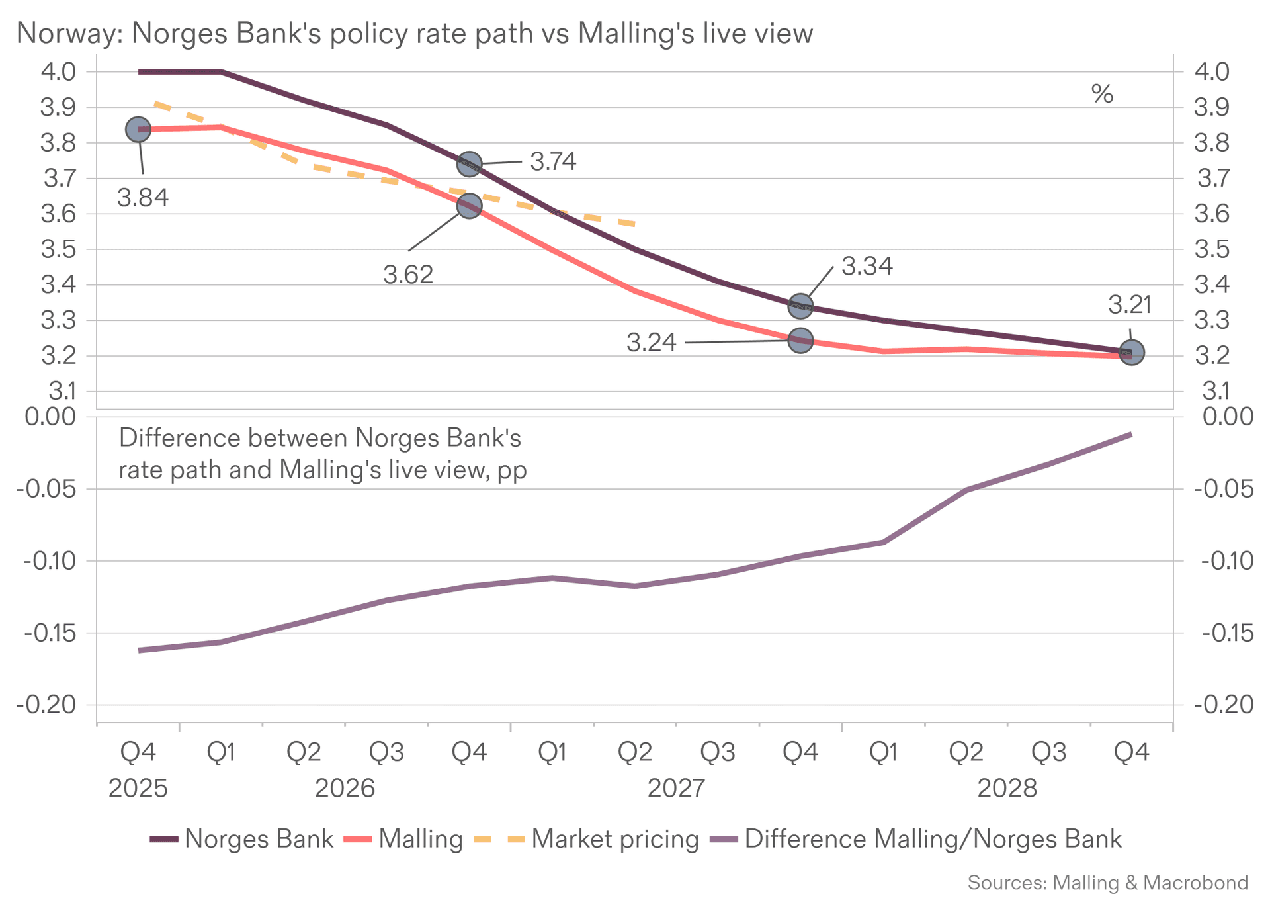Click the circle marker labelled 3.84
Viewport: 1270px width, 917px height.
click(x=138, y=130)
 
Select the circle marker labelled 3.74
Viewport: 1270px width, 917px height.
click(x=469, y=163)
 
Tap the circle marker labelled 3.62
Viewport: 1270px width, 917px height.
click(x=469, y=206)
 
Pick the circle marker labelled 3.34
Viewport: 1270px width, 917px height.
click(x=800, y=306)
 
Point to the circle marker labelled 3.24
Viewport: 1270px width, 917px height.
click(x=800, y=341)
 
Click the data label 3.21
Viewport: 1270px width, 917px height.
click(x=1130, y=305)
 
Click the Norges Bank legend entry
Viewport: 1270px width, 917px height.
click(x=242, y=839)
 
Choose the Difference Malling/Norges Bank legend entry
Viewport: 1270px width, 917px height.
click(x=915, y=839)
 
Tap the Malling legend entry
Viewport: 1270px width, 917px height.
click(x=403, y=839)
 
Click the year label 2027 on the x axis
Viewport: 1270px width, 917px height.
click(x=676, y=789)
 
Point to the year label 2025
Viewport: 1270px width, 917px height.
click(x=138, y=789)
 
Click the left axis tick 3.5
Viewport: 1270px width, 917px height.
click(x=58, y=250)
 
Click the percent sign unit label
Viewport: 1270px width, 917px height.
click(x=1102, y=94)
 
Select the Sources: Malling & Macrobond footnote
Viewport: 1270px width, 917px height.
click(x=1108, y=883)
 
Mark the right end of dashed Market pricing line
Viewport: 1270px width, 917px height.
click(x=634, y=224)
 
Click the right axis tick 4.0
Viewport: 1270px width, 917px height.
click(x=1212, y=71)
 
